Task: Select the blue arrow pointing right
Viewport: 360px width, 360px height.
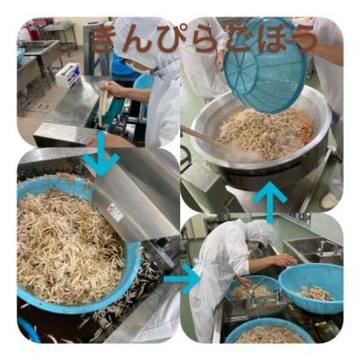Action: coord(183,279)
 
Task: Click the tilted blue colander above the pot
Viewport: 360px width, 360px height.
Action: coord(266,66)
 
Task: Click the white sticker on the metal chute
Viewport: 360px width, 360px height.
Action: coord(115,212)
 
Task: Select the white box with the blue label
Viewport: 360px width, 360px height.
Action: coord(68,75)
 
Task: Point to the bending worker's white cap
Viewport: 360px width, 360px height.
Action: coord(256,230)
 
